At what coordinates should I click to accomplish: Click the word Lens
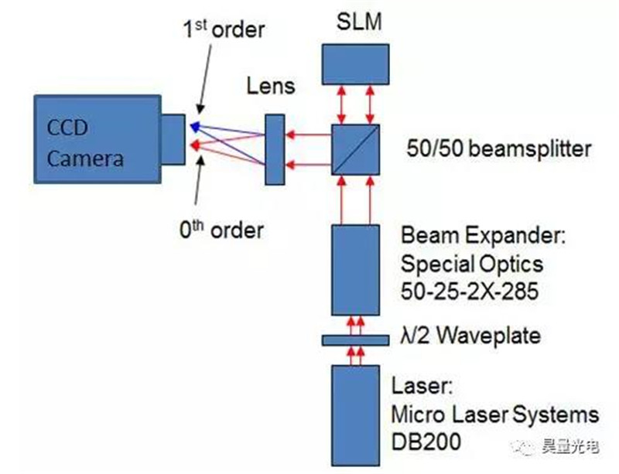(270, 85)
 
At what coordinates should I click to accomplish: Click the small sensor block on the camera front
(173, 140)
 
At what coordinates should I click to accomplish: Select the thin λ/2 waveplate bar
(355, 339)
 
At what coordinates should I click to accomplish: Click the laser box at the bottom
(355, 414)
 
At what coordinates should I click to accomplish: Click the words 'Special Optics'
(472, 264)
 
